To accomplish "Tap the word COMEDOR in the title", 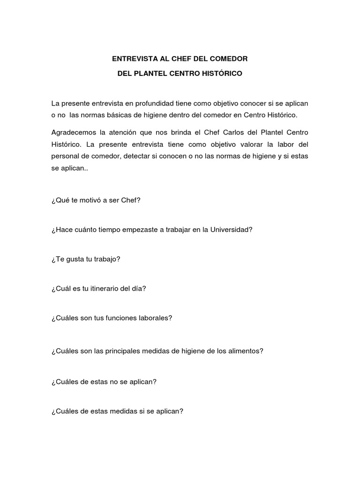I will click(x=230, y=59).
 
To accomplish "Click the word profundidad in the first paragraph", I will click(x=139, y=103).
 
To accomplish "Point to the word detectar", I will click(x=137, y=157).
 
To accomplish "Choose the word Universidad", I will click(x=230, y=230).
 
